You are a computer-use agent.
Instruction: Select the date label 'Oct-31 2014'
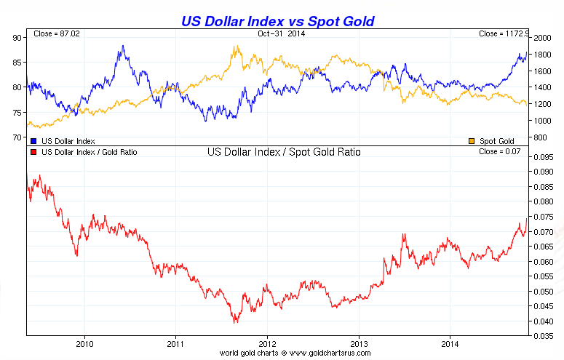point(281,34)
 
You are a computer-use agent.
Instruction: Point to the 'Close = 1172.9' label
point(503,34)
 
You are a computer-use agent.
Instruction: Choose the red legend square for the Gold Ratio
point(33,153)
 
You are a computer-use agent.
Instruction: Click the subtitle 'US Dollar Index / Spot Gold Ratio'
point(284,153)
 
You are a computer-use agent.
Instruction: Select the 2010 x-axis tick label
point(85,343)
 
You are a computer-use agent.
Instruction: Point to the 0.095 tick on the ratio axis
point(543,156)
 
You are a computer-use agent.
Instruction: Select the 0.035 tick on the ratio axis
point(543,337)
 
